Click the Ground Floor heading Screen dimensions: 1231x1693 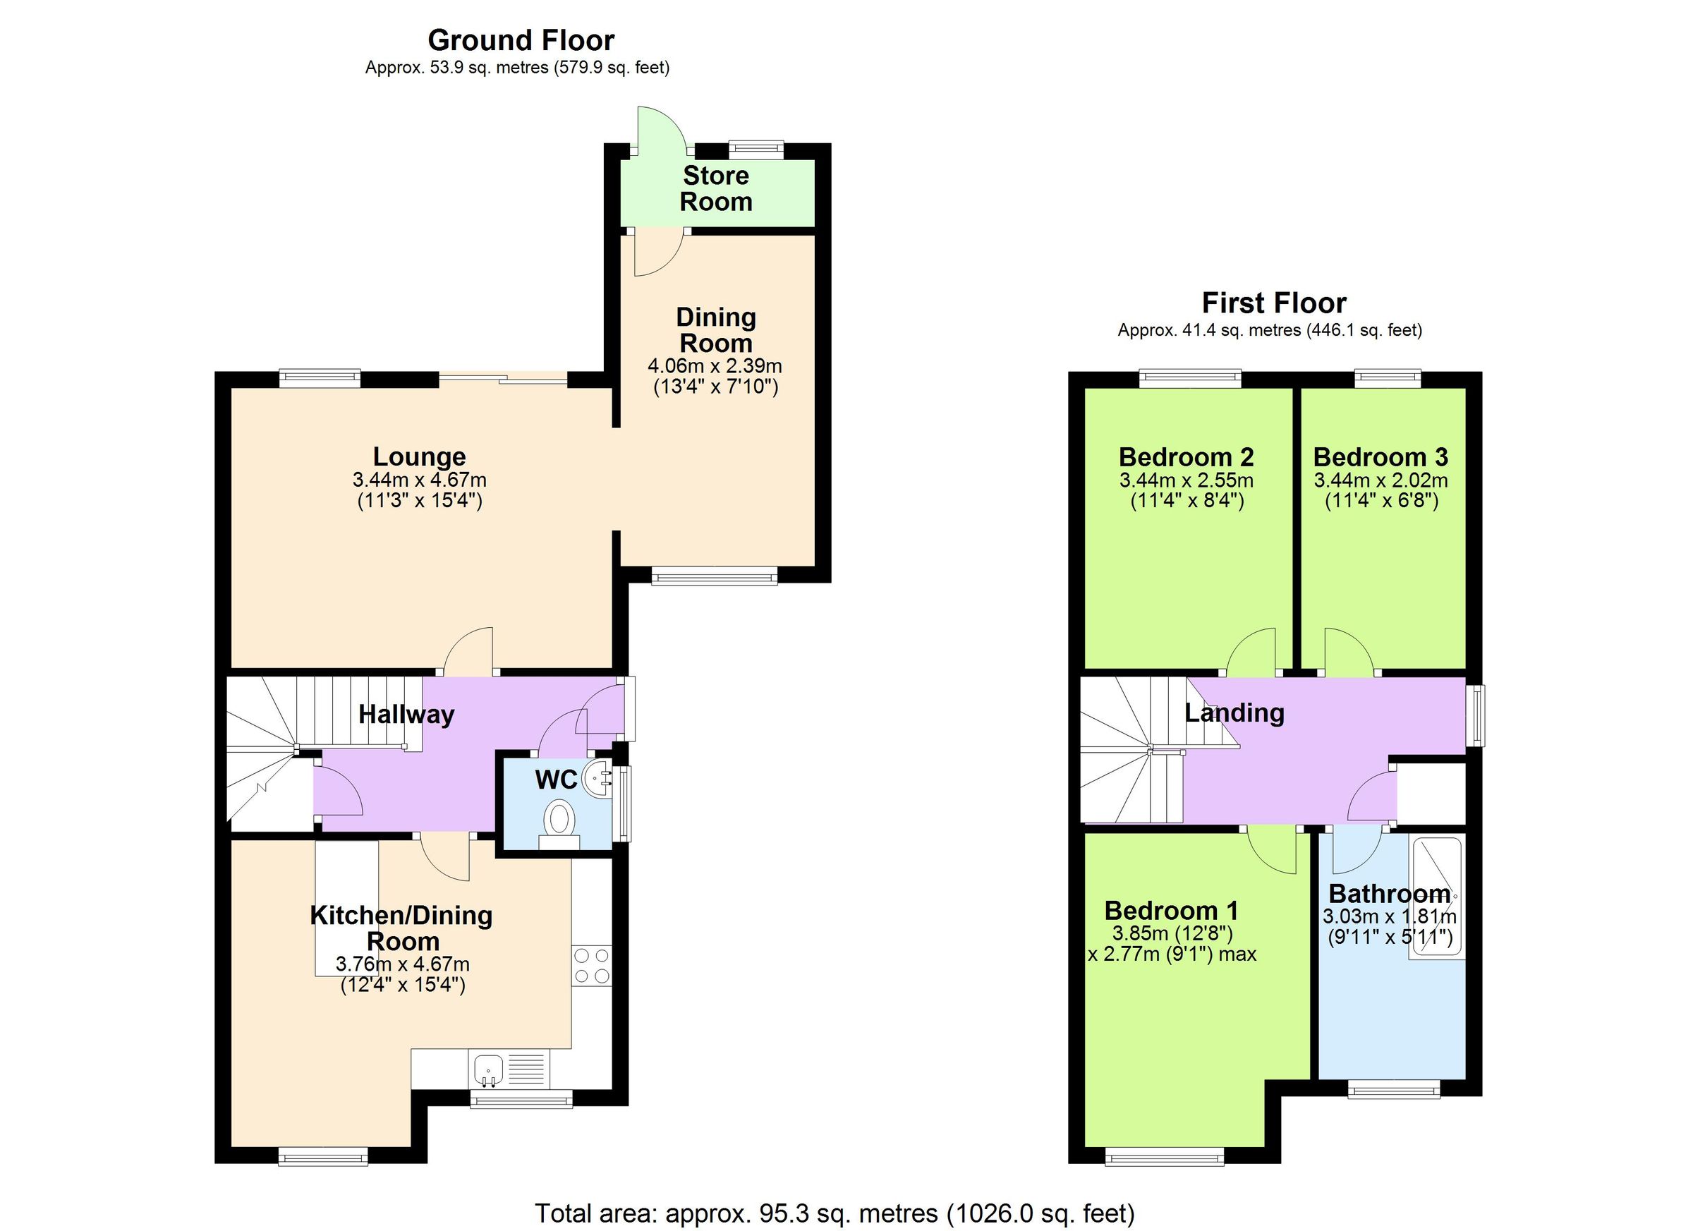click(521, 40)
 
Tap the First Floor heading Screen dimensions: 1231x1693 click(1273, 303)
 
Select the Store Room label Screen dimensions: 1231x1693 click(715, 188)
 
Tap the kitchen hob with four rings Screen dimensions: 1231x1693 click(591, 965)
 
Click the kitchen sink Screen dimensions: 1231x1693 click(488, 1068)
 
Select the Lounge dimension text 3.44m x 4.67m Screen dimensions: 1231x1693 click(419, 480)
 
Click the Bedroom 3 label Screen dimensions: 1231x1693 click(1381, 456)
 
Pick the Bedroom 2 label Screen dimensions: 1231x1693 click(1185, 456)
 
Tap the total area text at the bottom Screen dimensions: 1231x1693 click(835, 1213)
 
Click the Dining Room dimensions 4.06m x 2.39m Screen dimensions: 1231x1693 click(715, 366)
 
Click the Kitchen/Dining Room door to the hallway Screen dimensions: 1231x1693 click(446, 856)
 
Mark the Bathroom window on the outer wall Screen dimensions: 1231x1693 click(1393, 1092)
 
